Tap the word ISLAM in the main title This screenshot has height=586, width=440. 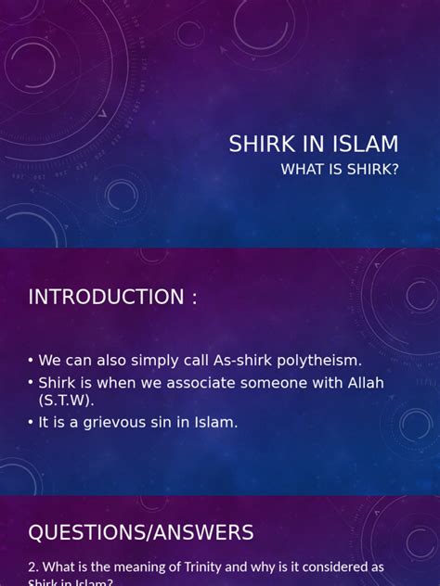(365, 145)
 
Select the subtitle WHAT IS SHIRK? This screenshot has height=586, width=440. (340, 169)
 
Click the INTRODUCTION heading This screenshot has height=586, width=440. (112, 297)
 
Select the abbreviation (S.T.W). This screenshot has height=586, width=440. (66, 401)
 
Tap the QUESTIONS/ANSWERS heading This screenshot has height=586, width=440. (140, 532)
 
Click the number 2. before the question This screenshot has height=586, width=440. (33, 567)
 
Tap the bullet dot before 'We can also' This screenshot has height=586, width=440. (31, 361)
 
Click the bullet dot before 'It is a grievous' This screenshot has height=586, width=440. (31, 422)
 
